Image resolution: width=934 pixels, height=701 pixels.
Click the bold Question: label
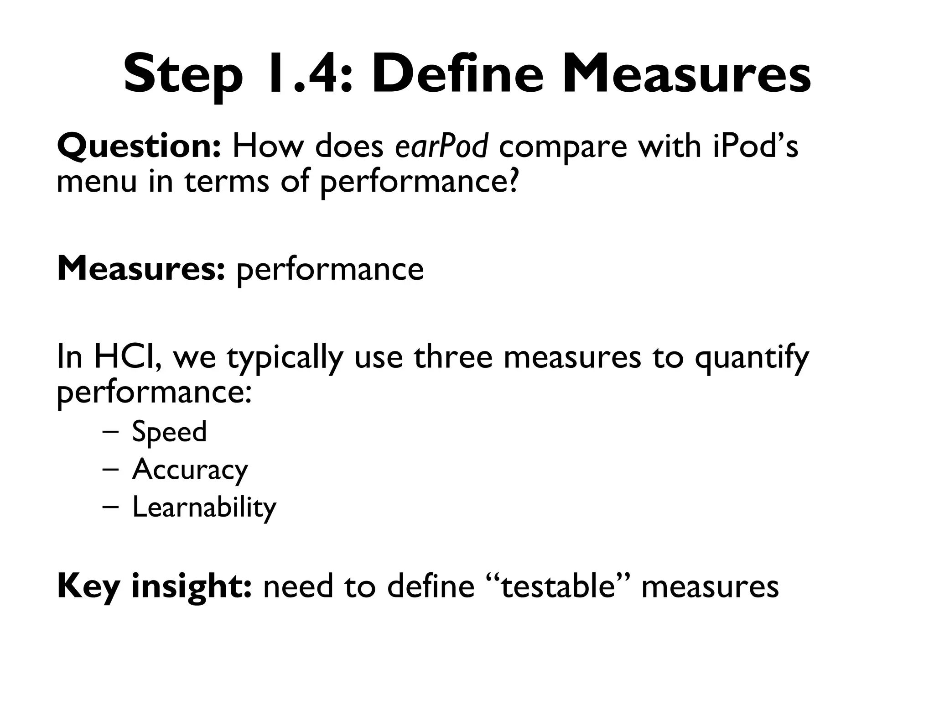pyautogui.click(x=139, y=146)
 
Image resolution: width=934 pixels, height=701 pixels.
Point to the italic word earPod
pyautogui.click(x=441, y=146)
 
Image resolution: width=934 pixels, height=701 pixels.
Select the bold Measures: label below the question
pyautogui.click(x=140, y=269)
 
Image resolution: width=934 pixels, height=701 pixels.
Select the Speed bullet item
pyautogui.click(x=169, y=432)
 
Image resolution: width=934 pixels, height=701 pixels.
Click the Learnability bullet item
pyautogui.click(x=204, y=507)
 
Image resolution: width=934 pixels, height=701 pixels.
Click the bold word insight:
pyautogui.click(x=191, y=586)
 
